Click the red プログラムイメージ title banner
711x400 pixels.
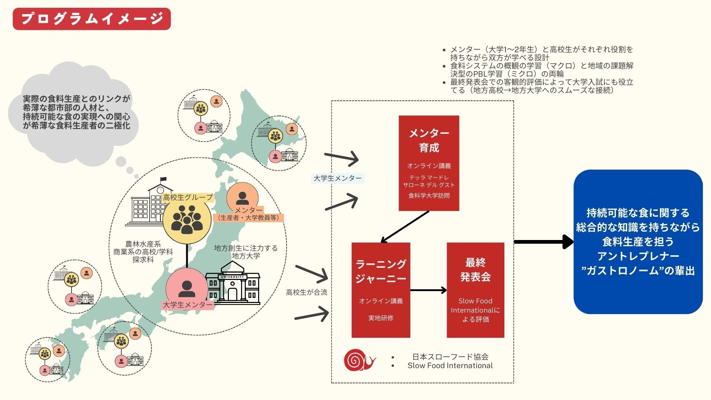(x=91, y=19)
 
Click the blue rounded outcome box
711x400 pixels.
(x=638, y=241)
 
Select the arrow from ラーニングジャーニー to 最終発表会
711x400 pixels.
(x=428, y=290)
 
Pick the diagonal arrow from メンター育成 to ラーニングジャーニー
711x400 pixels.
(x=405, y=227)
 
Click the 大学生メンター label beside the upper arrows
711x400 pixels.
(x=337, y=178)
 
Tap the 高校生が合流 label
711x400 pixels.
(x=306, y=292)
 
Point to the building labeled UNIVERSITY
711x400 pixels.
(x=233, y=283)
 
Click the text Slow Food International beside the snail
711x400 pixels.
(x=450, y=366)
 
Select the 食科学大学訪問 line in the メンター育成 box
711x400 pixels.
(x=429, y=196)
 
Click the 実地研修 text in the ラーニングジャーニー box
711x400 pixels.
(x=381, y=318)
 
